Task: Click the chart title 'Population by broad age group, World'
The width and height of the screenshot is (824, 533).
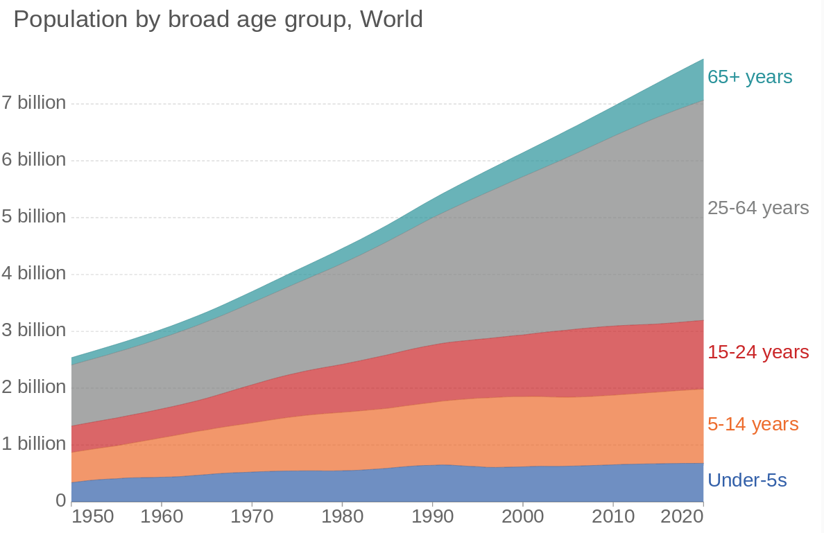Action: [218, 19]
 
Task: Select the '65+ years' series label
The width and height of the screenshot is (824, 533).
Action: [750, 77]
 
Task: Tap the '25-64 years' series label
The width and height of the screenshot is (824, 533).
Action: [758, 208]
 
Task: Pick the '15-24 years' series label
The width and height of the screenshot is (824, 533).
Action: [758, 352]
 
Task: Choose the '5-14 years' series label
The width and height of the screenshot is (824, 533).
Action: [753, 424]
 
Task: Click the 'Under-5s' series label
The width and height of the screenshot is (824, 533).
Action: [747, 480]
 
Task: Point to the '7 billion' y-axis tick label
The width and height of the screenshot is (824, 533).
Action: [34, 103]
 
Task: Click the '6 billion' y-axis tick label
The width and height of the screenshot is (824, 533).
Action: [34, 160]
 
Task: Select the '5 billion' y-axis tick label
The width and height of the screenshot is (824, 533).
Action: [34, 217]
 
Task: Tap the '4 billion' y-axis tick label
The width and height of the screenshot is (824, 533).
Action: [34, 273]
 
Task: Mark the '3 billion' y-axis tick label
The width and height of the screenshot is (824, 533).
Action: [34, 330]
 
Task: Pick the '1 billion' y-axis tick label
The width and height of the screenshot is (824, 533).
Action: [34, 444]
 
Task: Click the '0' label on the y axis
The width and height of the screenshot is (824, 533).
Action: [61, 500]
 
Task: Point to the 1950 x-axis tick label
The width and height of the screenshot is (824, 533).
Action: [92, 517]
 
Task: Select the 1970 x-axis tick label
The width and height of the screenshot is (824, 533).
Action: [252, 517]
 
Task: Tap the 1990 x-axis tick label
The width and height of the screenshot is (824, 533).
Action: [432, 517]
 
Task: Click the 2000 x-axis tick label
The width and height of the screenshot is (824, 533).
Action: [522, 517]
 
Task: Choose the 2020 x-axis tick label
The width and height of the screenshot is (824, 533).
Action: [683, 517]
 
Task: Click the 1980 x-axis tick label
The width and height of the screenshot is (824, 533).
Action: [342, 517]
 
